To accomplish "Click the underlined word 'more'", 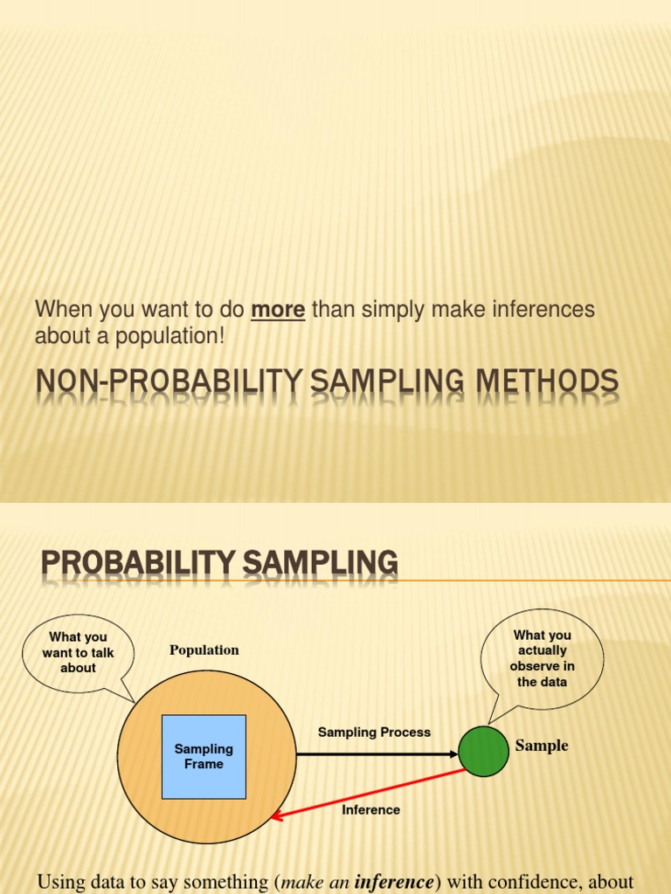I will coord(278,310).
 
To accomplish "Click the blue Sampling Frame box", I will coord(204,756).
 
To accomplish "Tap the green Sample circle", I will coord(483,751).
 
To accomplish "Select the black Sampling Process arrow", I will coord(376,753).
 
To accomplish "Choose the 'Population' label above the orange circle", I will coord(204,650).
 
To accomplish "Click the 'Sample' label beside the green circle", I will coord(542,746).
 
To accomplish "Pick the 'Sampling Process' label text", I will coord(374,732).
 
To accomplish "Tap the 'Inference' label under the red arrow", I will coord(370,810).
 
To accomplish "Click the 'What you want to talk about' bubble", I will coord(78,652).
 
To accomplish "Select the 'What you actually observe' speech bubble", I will coord(542,658).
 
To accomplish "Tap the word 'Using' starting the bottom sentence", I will coord(60,882).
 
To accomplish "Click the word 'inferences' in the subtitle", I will coord(542,310).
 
